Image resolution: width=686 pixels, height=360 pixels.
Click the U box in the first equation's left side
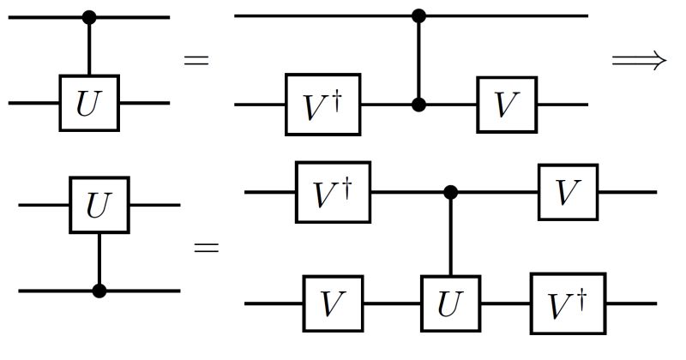point(88,103)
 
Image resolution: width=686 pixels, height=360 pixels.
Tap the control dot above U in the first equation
point(88,16)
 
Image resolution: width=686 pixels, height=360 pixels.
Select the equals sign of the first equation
point(196,60)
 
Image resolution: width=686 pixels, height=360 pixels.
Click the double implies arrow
point(638,60)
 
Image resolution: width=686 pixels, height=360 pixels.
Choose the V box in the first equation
point(507,105)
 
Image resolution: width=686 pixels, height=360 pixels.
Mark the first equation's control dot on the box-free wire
point(418,15)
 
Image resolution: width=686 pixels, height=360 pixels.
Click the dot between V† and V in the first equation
point(418,105)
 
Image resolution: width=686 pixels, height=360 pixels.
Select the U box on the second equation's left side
point(99,206)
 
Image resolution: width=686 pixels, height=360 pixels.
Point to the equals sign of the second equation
point(206,249)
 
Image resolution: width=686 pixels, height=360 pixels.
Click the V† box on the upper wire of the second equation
point(332,192)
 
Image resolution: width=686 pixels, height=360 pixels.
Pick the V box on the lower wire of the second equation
point(334,303)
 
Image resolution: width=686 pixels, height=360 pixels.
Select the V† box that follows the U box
point(568,303)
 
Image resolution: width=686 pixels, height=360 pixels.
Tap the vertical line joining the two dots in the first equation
point(418,60)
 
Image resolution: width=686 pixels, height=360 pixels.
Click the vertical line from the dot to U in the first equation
point(88,47)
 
